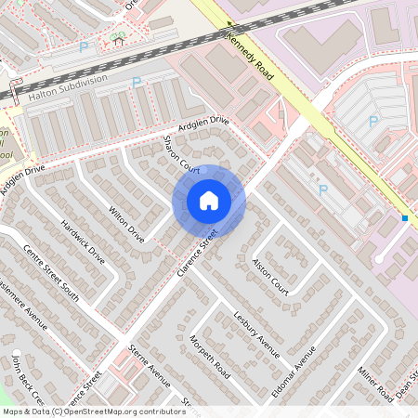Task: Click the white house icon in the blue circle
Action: tap(209, 201)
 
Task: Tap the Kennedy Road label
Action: tap(250, 57)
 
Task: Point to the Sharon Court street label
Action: tap(181, 154)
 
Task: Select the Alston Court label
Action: tap(270, 277)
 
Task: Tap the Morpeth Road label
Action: tap(210, 358)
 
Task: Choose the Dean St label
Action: tap(405, 391)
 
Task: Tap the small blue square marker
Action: tap(405, 218)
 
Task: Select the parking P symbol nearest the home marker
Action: tap(323, 189)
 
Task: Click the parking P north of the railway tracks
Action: tap(85, 46)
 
